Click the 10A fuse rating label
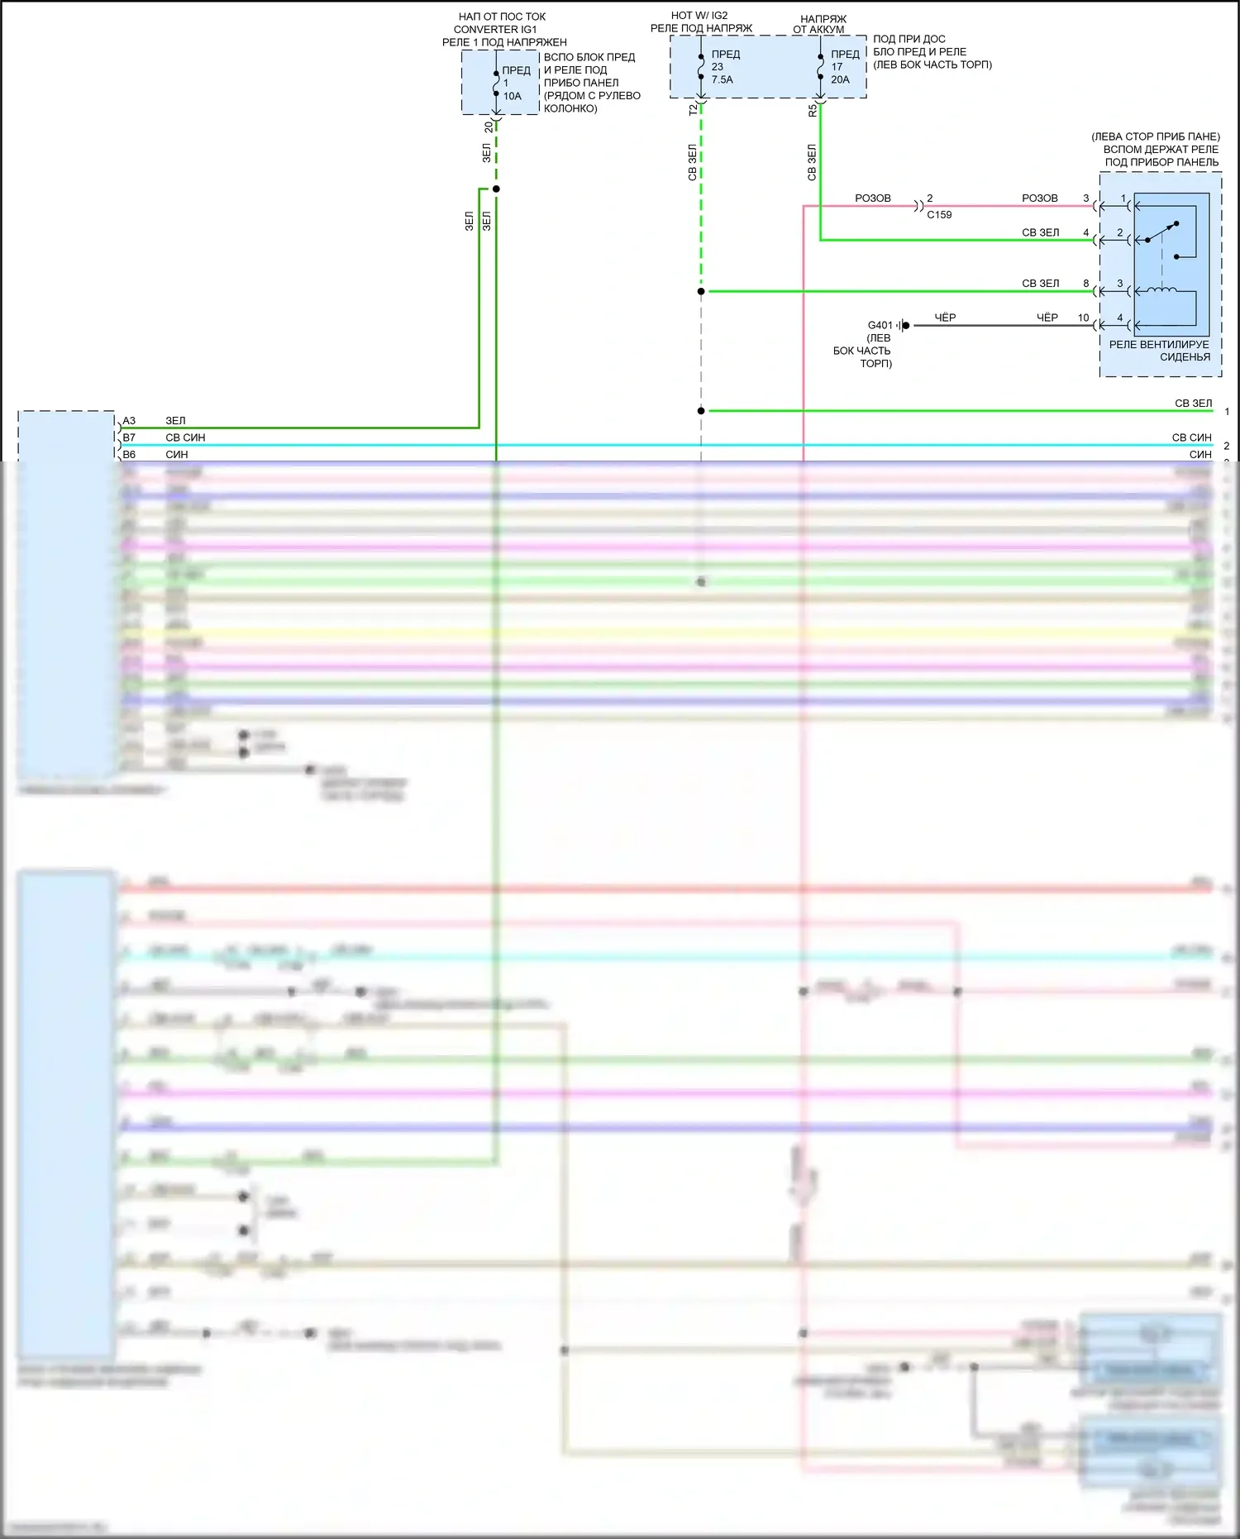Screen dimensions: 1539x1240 coord(513,96)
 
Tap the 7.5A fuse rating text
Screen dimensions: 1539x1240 coord(722,79)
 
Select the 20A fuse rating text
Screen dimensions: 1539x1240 coord(840,79)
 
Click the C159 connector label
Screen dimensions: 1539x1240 coord(939,215)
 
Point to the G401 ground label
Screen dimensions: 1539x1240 coord(880,325)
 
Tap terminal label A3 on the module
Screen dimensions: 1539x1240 coord(129,421)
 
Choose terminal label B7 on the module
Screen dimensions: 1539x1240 coord(129,437)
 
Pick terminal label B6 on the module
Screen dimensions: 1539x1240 coord(129,455)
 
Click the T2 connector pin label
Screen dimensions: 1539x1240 coord(693,110)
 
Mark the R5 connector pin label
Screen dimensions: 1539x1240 coord(812,110)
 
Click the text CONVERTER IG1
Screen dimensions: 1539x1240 coord(495,29)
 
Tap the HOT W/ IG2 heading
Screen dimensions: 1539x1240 coord(699,16)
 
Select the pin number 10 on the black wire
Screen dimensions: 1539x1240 coord(1083,318)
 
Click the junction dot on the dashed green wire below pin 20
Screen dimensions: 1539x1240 coord(496,189)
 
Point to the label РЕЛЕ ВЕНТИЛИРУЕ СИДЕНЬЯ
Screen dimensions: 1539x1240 coord(1159,351)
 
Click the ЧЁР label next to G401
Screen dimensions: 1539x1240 coord(945,318)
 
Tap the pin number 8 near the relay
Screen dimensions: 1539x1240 coord(1086,284)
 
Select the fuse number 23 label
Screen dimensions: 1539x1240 coord(717,67)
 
